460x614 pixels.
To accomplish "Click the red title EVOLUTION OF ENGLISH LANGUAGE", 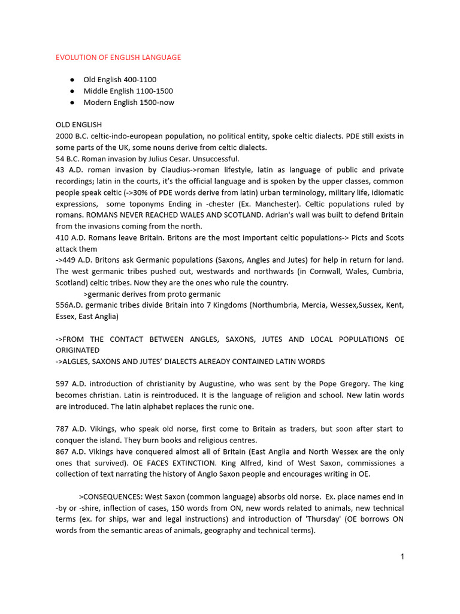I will point(118,58).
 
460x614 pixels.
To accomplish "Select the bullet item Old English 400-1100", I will point(120,80).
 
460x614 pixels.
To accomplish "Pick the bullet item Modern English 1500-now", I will point(129,103).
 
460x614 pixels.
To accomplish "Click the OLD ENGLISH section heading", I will point(78,125).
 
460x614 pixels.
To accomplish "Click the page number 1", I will point(402,556).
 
